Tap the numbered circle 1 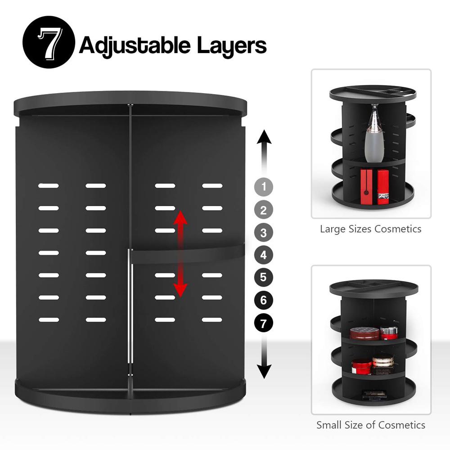click(264, 186)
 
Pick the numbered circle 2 click(264, 210)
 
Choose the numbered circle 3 click(264, 233)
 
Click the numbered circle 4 click(264, 255)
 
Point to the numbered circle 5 click(264, 277)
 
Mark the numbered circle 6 click(264, 300)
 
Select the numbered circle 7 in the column click(264, 322)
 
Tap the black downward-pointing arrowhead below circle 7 click(264, 371)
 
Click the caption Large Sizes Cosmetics click(370, 229)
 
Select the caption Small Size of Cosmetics click(370, 425)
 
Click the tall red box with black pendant click(367, 185)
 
